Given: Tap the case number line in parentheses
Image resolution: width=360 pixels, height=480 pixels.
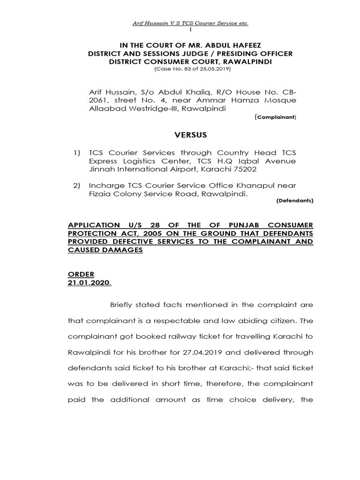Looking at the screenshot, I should tap(192, 69).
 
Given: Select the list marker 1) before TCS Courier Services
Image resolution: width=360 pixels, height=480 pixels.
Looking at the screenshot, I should tap(76, 153).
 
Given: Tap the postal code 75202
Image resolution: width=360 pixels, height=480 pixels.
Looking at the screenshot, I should tap(244, 170).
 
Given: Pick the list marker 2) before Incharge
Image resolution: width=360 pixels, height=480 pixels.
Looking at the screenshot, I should tap(76, 186).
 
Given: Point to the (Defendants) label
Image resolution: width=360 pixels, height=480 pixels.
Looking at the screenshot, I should tap(294, 201).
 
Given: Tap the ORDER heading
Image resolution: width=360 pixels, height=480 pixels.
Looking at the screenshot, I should tap(81, 274).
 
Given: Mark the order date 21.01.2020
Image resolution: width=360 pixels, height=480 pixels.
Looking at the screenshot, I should tap(89, 283).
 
